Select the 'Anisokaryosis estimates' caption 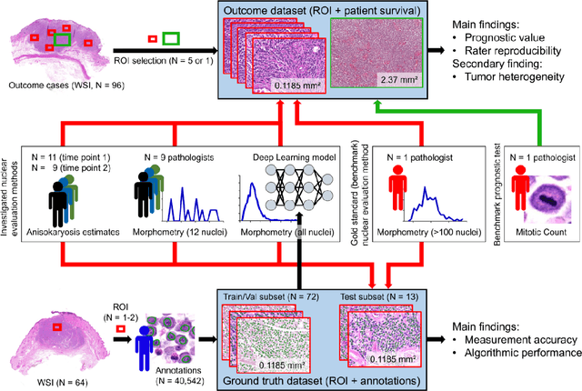tap(70, 231)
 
